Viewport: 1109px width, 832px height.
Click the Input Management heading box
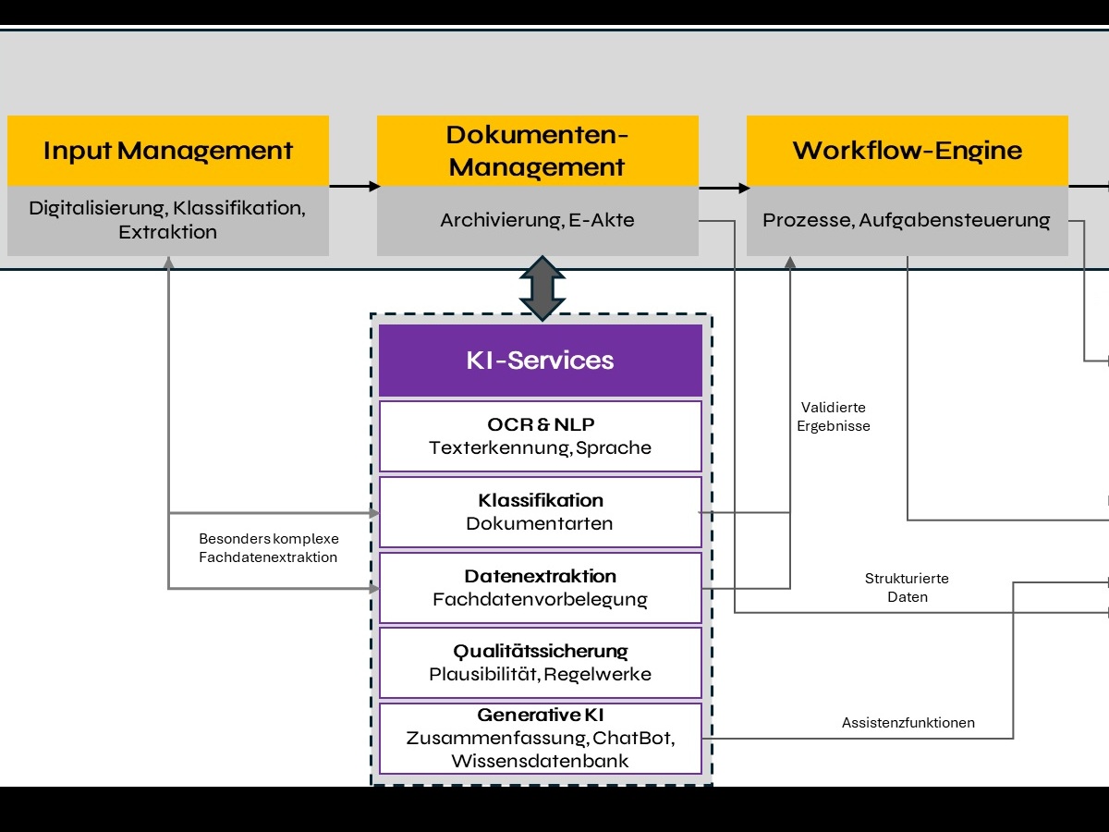point(168,151)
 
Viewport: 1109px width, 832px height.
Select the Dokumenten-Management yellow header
point(537,151)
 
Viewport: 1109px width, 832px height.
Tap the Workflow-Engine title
point(907,151)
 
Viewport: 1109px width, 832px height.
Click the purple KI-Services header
point(541,361)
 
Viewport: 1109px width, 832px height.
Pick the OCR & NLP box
point(541,436)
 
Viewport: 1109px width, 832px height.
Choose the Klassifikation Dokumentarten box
point(541,512)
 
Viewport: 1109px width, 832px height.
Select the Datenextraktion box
point(541,588)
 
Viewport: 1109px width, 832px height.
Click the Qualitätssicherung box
point(541,663)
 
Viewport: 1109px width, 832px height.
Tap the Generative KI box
point(541,739)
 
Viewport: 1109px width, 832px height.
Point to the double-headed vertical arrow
point(542,288)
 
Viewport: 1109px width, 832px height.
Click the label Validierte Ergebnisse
point(834,417)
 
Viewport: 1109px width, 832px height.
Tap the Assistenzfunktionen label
point(908,723)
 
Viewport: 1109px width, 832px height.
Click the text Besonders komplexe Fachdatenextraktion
point(268,548)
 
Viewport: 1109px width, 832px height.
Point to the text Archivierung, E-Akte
point(537,221)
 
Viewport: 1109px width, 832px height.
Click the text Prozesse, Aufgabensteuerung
point(907,221)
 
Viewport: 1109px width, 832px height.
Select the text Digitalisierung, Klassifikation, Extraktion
point(168,220)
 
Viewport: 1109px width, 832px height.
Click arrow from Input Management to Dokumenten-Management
point(353,186)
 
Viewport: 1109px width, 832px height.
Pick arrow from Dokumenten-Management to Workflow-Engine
point(723,188)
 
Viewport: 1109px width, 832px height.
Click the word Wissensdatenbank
point(541,762)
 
